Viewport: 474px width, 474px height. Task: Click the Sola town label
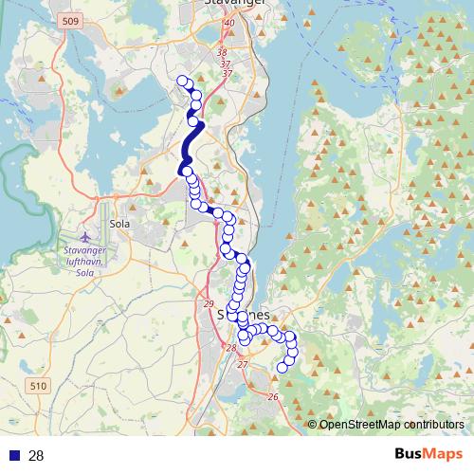tap(119, 224)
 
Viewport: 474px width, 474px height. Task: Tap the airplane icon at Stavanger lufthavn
tap(86, 234)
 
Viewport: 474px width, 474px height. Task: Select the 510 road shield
tap(38, 386)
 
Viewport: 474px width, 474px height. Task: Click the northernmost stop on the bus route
tap(182, 82)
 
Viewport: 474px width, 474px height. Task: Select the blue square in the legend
tap(14, 456)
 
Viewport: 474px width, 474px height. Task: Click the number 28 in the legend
tap(37, 456)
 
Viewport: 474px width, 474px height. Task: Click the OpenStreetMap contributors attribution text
tap(392, 425)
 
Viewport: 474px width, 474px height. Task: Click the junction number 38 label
tap(223, 53)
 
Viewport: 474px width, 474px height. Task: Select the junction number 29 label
tap(209, 303)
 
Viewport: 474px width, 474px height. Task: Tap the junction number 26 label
tap(272, 396)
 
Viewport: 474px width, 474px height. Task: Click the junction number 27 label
tap(242, 365)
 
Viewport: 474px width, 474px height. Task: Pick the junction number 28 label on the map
tap(230, 349)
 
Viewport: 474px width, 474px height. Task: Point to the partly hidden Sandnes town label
tap(256, 313)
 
